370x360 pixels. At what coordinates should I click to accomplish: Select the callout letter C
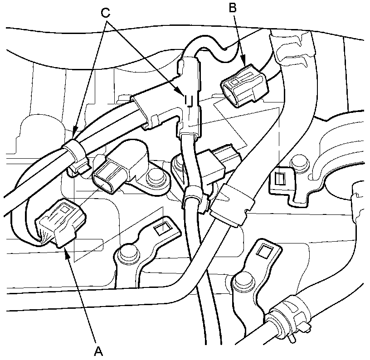(x=106, y=13)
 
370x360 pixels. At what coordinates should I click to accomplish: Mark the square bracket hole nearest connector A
(x=160, y=227)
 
